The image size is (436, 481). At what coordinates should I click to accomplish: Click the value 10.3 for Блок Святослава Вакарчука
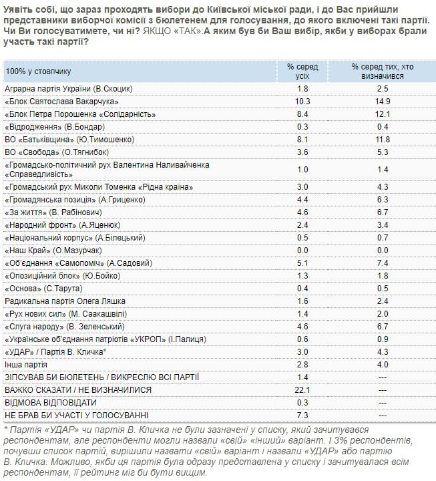tap(302, 101)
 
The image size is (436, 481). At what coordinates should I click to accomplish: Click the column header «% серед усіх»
tap(302, 71)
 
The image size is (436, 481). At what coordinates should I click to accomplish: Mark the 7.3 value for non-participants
tap(302, 416)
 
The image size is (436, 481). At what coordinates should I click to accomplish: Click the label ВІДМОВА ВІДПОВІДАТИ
tap(50, 403)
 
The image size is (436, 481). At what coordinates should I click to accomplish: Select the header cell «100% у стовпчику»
tap(37, 71)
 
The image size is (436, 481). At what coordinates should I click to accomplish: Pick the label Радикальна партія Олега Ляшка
tap(65, 301)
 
